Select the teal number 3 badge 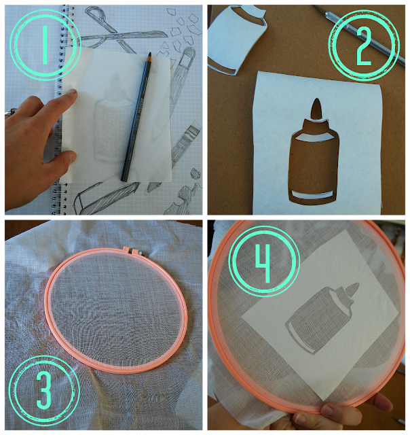tap(44, 391)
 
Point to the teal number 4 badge tap(264, 261)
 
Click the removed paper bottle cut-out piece tap(237, 39)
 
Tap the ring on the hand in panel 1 tap(11, 112)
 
